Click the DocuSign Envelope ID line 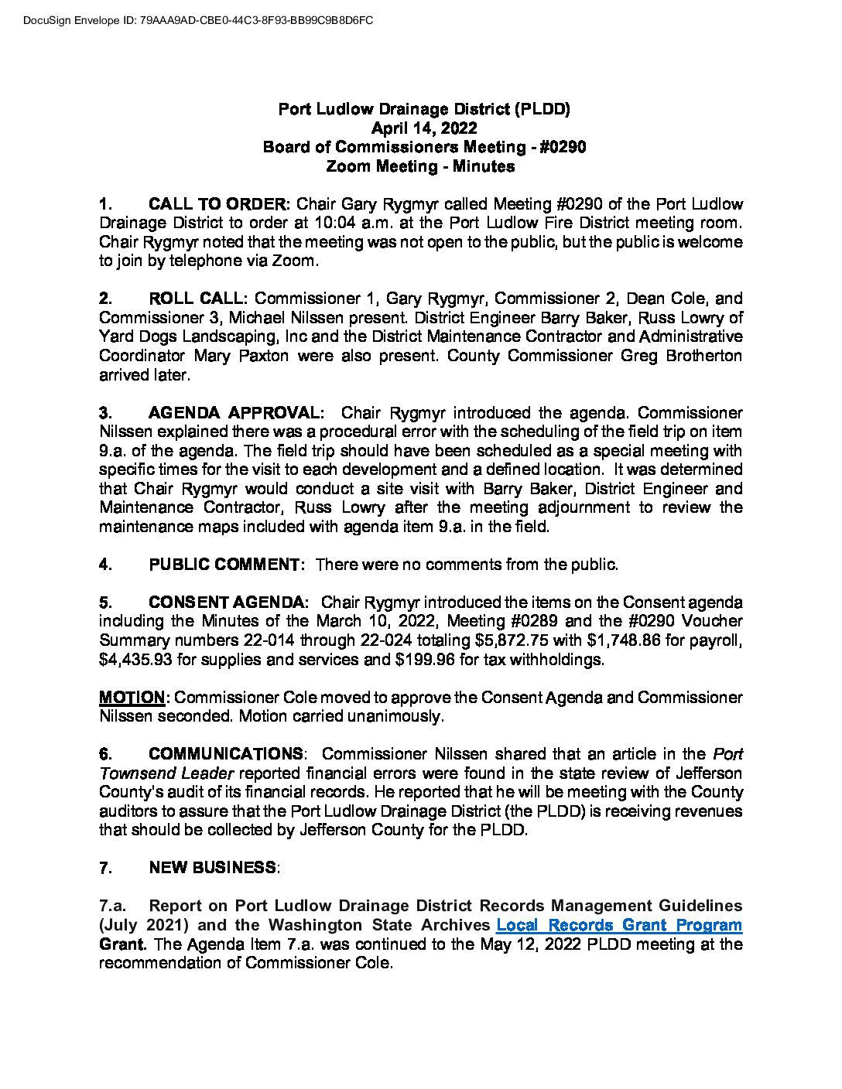198,20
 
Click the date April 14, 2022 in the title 424,128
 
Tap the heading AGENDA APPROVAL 234,413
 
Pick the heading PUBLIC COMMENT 224,565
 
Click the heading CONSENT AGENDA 228,603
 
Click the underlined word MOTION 132,698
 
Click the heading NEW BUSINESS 212,868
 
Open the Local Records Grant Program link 619,925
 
